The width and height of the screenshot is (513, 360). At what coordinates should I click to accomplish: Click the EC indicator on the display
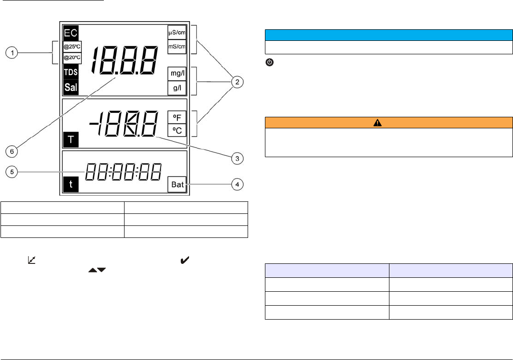click(70, 33)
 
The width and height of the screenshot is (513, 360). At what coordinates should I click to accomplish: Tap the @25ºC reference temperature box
click(72, 47)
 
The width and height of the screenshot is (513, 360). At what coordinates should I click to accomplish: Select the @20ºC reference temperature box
click(72, 58)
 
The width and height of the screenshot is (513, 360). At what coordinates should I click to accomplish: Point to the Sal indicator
click(71, 87)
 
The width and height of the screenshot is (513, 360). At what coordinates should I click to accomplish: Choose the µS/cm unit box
click(176, 32)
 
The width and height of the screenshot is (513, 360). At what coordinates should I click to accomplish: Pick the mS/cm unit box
click(176, 46)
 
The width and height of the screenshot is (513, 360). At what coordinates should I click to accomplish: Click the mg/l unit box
click(176, 74)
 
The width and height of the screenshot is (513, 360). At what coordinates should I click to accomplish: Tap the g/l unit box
click(176, 87)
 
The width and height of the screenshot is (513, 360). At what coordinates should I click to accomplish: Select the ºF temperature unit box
click(176, 117)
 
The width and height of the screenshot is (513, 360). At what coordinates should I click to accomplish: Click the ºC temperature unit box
click(176, 130)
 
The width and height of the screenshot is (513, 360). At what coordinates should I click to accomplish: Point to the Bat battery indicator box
click(177, 184)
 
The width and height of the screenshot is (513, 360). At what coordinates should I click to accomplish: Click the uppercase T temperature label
click(70, 140)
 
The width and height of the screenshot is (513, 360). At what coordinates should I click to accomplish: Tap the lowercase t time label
click(70, 184)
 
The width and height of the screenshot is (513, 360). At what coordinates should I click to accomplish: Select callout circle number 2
click(237, 82)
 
